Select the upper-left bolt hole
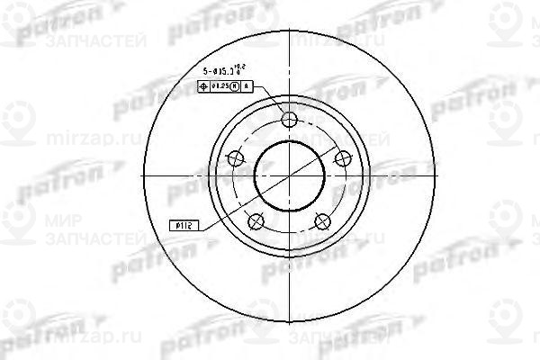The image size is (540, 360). pos(237,158)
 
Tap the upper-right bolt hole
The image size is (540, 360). pos(342,158)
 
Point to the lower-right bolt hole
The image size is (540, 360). pos(322,220)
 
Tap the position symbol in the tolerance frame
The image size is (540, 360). pos(203,87)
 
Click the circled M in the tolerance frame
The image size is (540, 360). pos(237,87)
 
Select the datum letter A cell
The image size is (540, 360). pos(247,87)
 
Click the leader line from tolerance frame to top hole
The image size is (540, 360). pos(270,101)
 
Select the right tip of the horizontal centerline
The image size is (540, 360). pos(436,175)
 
